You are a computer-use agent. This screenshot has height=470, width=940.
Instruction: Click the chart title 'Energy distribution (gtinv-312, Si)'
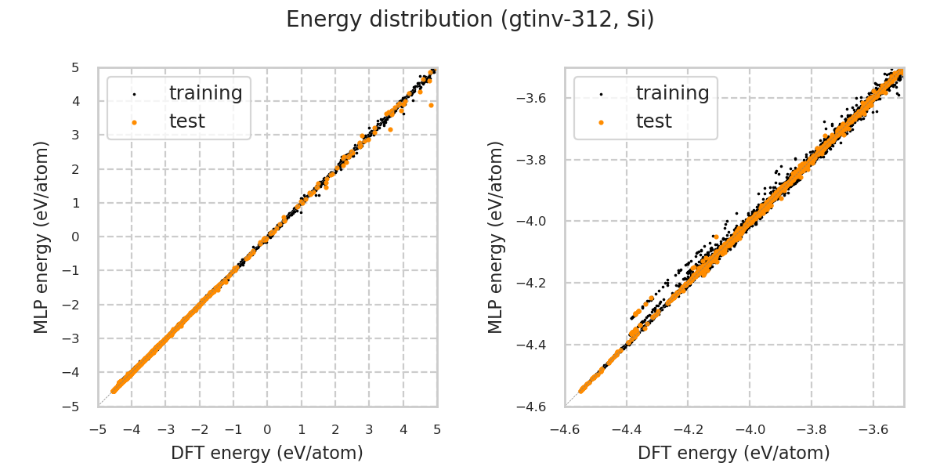470,20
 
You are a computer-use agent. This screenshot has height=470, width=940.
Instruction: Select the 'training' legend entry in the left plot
205,93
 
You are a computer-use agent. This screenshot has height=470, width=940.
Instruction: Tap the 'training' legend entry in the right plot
672,93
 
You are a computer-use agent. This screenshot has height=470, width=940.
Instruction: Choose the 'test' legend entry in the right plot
653,121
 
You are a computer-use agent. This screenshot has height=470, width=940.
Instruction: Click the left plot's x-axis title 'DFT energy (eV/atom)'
267,453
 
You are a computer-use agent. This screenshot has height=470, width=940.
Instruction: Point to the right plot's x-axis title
734,453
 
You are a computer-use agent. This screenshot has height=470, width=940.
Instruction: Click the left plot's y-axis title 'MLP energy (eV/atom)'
42,237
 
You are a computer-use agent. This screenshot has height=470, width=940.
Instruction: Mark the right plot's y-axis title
496,237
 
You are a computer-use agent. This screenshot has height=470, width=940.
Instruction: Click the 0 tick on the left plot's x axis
267,430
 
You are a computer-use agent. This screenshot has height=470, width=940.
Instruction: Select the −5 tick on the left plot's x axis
98,430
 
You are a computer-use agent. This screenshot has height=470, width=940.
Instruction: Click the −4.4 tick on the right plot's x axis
627,430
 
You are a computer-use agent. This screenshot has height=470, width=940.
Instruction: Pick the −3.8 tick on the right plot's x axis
812,430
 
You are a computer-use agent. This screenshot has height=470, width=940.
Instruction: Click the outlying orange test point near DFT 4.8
431,105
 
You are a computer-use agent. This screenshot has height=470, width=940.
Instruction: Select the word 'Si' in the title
638,20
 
